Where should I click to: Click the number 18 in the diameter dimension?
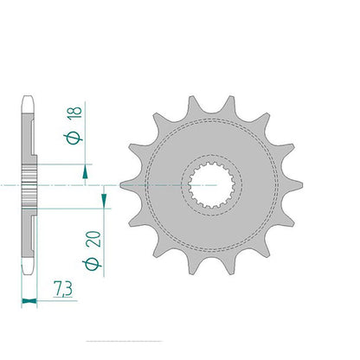[x=74, y=112]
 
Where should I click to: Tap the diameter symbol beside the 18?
[x=74, y=138]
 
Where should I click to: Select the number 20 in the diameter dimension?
[x=93, y=239]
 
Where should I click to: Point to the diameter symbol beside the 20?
[x=93, y=264]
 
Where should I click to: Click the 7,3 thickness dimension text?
[x=62, y=289]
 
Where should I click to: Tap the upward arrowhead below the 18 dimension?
[x=85, y=171]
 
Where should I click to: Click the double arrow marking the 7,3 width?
[x=29, y=301]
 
